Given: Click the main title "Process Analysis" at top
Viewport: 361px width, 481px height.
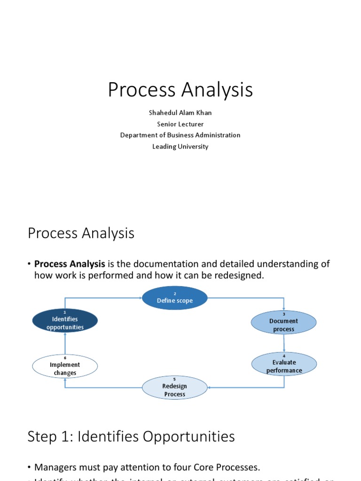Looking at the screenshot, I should point(180,90).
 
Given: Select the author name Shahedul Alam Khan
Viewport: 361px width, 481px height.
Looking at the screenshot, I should point(180,113).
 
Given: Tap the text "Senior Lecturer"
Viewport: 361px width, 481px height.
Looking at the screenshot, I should point(180,124).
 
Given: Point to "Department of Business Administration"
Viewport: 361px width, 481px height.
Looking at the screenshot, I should point(180,135).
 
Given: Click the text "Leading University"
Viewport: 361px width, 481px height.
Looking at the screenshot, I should point(180,147).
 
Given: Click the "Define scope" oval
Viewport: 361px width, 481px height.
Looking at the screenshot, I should point(175,298).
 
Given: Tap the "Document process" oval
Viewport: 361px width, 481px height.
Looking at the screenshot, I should point(283,323).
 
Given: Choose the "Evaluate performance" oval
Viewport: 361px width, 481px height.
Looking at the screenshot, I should point(284,365).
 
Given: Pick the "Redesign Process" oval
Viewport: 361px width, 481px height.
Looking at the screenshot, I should point(174,388).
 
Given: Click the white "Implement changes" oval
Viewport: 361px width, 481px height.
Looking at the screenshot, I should point(65,367).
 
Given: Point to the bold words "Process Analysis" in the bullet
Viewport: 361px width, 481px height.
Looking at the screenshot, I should point(70,264).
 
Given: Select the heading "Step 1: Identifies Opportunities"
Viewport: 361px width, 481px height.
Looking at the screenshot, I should point(131,437).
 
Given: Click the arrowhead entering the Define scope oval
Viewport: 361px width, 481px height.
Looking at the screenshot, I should point(140,298).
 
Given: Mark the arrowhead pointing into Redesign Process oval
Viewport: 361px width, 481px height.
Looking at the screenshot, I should point(210,388).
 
